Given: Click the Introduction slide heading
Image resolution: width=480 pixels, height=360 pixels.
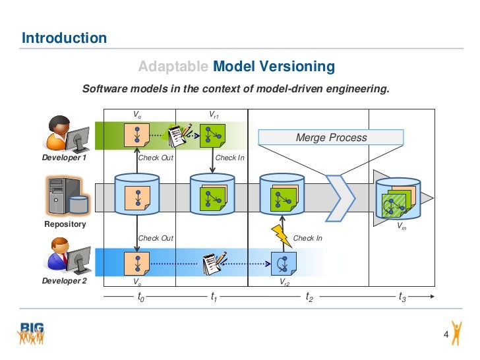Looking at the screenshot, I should (x=64, y=38).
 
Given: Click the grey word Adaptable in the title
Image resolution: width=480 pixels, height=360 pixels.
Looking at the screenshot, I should (x=174, y=67).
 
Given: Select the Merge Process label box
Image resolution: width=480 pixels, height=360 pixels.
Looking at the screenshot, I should (x=331, y=138).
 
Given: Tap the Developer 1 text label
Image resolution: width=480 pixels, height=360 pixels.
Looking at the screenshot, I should (x=65, y=158).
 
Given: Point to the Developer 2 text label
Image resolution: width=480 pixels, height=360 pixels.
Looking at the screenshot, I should (x=65, y=280).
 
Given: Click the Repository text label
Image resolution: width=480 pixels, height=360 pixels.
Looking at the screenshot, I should (x=65, y=224).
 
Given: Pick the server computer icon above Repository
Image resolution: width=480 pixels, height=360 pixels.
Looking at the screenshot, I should (x=65, y=196).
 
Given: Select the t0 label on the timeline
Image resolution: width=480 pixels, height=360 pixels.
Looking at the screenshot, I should (x=140, y=298).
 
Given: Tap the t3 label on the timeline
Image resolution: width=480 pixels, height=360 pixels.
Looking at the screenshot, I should (x=402, y=298).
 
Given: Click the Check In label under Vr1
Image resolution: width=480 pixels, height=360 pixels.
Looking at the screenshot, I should (x=230, y=158).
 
